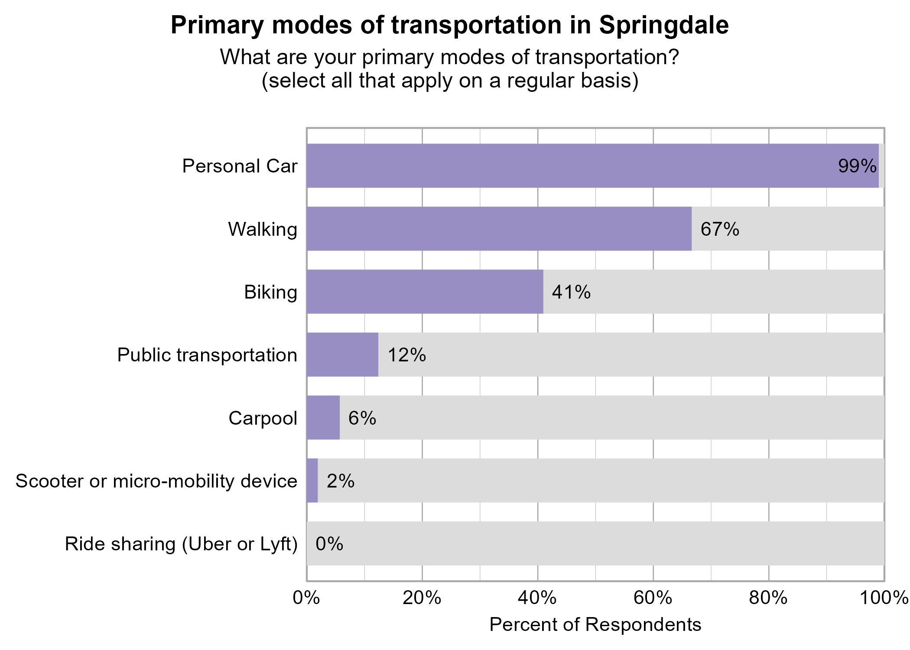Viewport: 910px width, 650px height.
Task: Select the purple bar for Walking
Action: [498, 229]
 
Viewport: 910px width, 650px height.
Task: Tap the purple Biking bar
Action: [425, 292]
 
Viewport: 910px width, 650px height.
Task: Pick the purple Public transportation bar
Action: [342, 355]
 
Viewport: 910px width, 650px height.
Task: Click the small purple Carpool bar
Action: [323, 418]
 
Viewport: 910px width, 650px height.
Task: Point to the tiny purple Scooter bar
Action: [312, 481]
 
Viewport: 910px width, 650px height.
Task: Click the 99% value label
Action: [857, 166]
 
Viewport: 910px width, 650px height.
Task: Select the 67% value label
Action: [720, 229]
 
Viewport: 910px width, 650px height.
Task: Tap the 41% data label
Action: [571, 292]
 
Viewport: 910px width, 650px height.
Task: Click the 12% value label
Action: [406, 355]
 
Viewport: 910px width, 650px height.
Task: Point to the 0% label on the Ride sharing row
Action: [329, 544]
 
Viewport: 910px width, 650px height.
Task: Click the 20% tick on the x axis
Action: [422, 598]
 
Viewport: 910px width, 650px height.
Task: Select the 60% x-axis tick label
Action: [653, 598]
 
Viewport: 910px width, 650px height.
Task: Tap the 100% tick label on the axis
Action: [884, 598]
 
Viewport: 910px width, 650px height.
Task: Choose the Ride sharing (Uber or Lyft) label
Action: [181, 544]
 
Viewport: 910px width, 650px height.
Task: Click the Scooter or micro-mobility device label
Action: [156, 481]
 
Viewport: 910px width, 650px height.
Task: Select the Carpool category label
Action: [263, 418]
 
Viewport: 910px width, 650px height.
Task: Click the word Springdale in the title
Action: [664, 25]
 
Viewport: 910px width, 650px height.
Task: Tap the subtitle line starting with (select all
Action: [450, 81]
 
